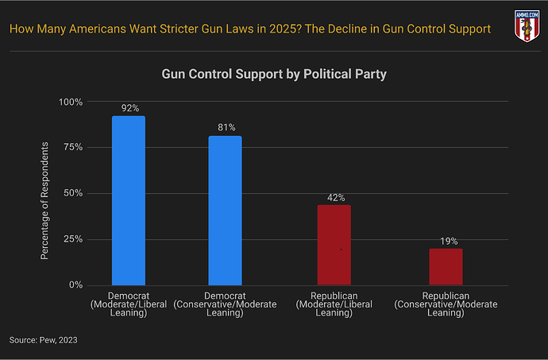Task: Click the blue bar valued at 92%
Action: pos(128,200)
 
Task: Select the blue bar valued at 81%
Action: pos(225,211)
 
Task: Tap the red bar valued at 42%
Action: pos(334,245)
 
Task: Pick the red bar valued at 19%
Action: pos(446,266)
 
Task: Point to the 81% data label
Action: pos(226,127)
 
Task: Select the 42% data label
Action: pos(334,197)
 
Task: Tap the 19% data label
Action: pos(448,241)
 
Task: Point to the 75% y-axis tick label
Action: pos(73,148)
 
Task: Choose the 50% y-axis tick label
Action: pos(73,193)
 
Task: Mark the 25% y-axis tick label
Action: pos(73,239)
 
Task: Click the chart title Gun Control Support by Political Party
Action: pos(274,74)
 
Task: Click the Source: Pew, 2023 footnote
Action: pos(44,340)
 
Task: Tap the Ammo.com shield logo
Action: pos(525,26)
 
